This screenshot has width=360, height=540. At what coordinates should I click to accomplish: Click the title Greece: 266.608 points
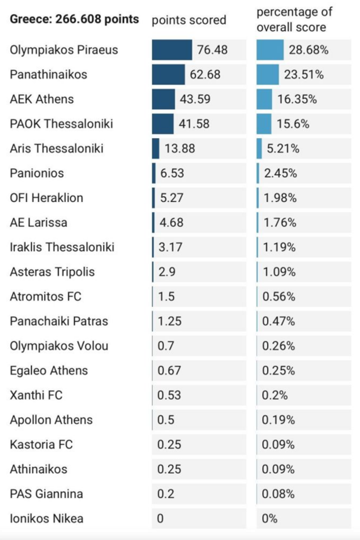pos(74,19)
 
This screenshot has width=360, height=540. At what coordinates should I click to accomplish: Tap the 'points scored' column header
pos(189,20)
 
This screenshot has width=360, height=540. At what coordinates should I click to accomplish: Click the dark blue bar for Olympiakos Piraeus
pos(172,50)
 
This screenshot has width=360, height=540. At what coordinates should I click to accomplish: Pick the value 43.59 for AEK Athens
pos(195,99)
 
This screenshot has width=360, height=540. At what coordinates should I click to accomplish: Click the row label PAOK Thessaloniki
pos(61,124)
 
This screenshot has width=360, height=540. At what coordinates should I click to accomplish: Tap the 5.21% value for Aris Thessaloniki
pos(283,149)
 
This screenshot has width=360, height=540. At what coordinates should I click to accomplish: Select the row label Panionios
pos(37,173)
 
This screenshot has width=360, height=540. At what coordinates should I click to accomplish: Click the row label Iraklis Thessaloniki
pos(62,247)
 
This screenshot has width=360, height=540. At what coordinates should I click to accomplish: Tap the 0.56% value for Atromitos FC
pos(279,297)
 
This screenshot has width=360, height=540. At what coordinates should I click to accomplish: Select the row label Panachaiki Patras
pos(59,321)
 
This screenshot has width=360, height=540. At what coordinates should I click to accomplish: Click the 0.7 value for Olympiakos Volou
pos(166,346)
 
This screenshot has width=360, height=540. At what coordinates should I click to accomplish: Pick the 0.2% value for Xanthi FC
pos(275,395)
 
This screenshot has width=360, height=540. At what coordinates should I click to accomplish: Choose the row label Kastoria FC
pos(41,445)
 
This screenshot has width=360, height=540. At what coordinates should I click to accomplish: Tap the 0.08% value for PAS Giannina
pos(278,494)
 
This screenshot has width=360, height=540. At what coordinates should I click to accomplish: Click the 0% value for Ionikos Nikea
pos(270,519)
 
